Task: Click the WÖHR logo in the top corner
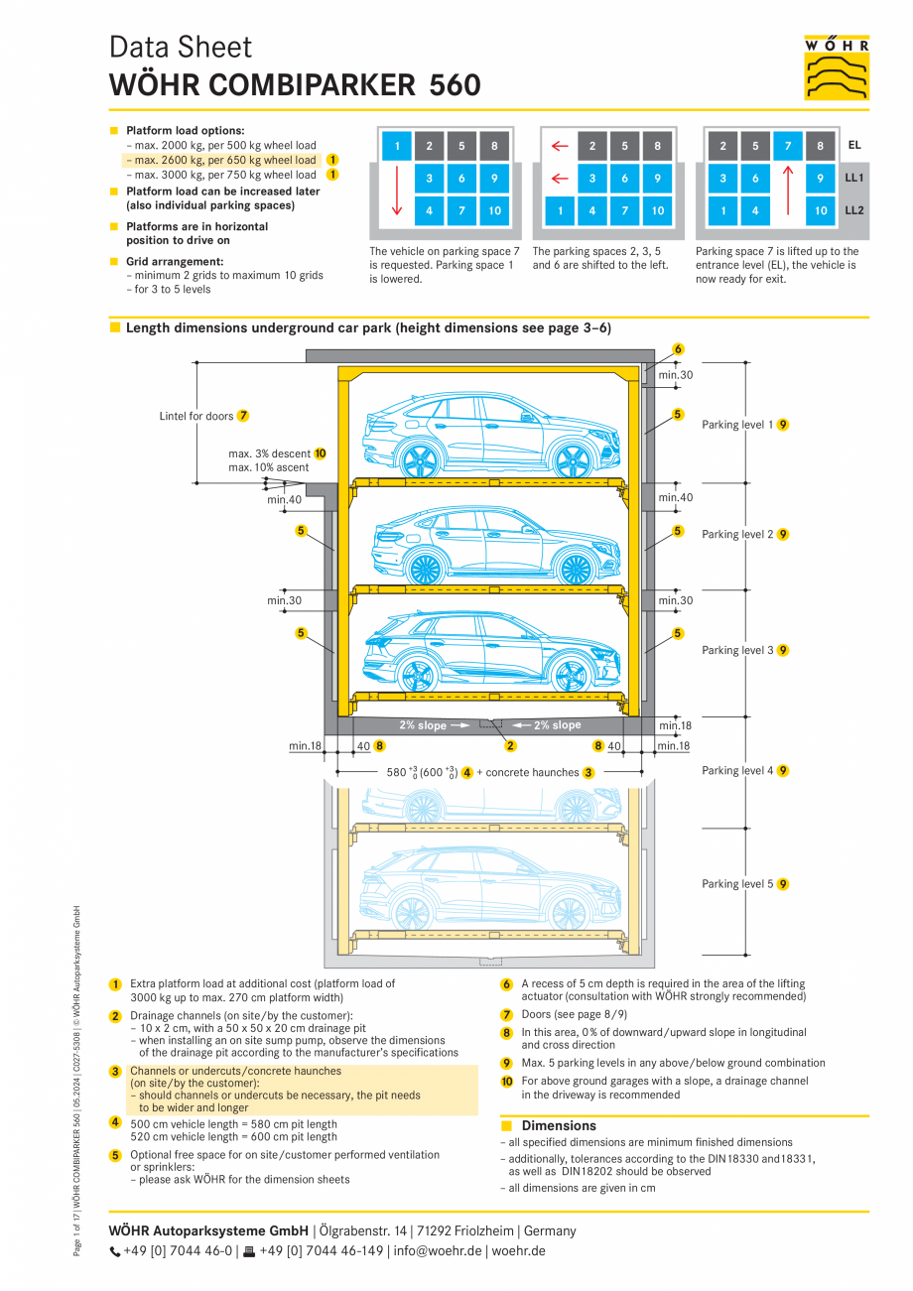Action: pos(837,67)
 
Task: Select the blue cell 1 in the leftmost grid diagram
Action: pos(397,147)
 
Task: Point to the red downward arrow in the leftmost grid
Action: pos(397,194)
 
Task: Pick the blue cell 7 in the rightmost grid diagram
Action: pos(788,147)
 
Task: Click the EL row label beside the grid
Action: pos(854,145)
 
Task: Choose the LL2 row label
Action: pos(854,210)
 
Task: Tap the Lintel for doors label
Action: pos(196,416)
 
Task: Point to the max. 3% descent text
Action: pos(269,453)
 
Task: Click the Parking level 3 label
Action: pos(737,650)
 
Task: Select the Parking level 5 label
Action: pos(737,883)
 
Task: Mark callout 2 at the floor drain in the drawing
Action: pos(510,745)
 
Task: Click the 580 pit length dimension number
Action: pos(396,772)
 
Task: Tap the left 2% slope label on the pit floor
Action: pos(424,725)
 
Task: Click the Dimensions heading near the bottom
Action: pos(559,1125)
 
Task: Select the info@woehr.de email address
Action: pos(437,1251)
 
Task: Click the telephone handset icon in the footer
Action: pos(115,1251)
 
